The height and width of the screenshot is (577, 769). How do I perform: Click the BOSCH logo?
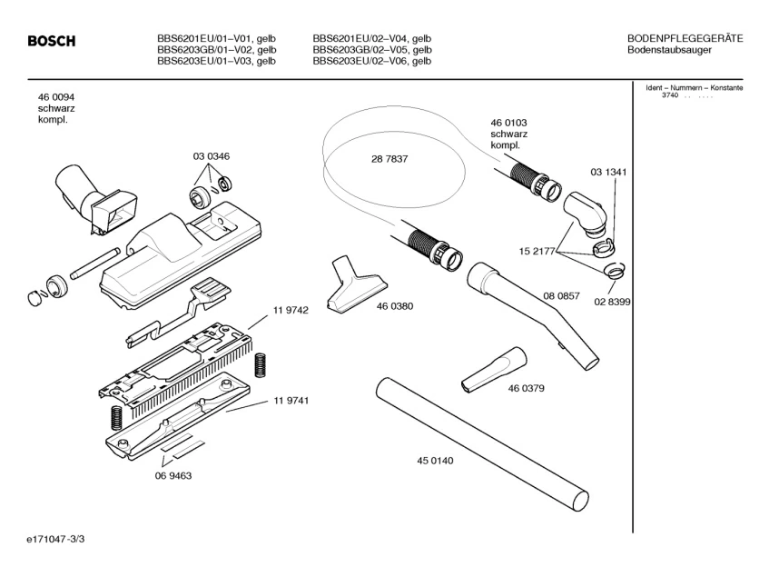pyautogui.click(x=51, y=42)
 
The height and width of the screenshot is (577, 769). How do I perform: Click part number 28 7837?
pyautogui.click(x=389, y=158)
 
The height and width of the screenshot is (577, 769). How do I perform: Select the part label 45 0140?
pyautogui.click(x=435, y=461)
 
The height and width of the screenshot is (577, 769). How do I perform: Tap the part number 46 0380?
pyautogui.click(x=395, y=306)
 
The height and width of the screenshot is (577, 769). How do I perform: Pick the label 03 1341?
pyautogui.click(x=608, y=172)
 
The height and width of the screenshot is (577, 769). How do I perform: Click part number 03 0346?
pyautogui.click(x=211, y=156)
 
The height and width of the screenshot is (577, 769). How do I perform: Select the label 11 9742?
pyautogui.click(x=291, y=311)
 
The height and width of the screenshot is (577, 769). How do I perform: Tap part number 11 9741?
pyautogui.click(x=291, y=401)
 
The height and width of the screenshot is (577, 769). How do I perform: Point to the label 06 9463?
pyautogui.click(x=173, y=475)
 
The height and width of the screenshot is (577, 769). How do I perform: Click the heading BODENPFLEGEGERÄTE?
pyautogui.click(x=685, y=37)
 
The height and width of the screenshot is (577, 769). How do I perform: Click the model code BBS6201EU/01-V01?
pyautogui.click(x=216, y=37)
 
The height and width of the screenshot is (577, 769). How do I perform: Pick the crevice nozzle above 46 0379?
pyautogui.click(x=493, y=368)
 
